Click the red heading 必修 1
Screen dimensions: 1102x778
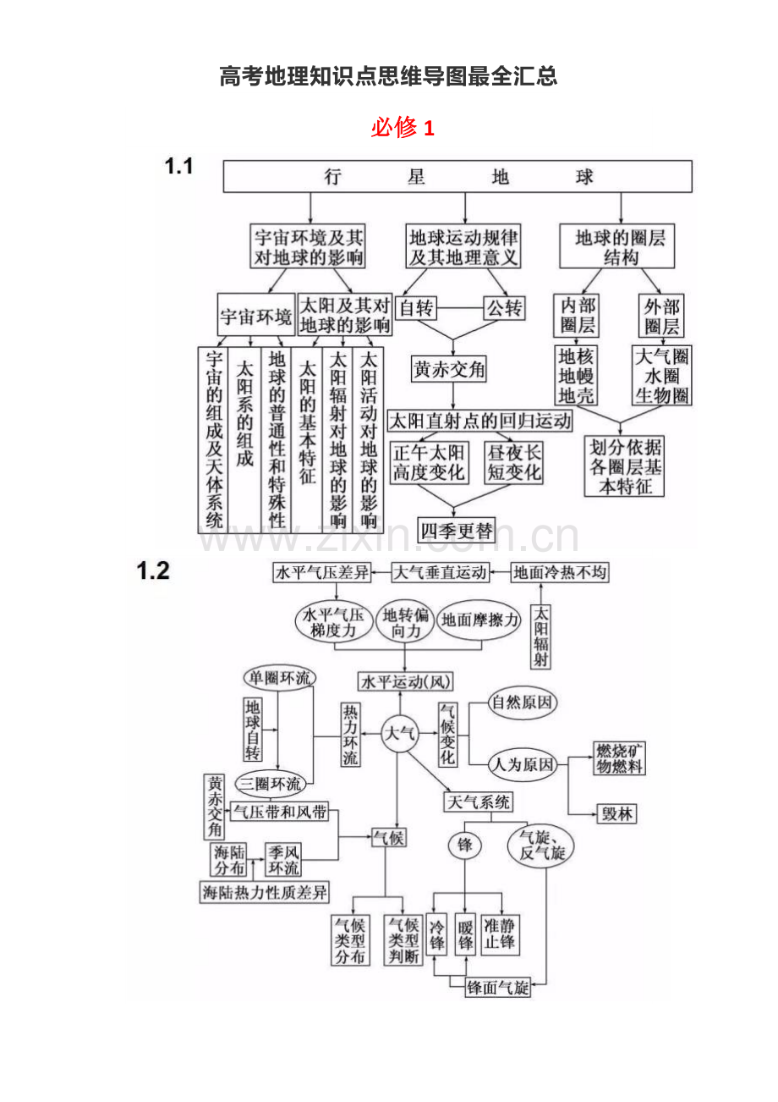point(402,128)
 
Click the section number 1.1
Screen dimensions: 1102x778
point(178,167)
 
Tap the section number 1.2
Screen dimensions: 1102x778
point(153,571)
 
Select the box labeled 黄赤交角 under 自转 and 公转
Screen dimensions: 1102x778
point(450,370)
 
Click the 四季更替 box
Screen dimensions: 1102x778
point(457,531)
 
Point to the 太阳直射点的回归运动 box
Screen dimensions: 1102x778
point(479,420)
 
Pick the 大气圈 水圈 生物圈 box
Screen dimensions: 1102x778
point(661,375)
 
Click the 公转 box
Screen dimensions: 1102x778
point(503,307)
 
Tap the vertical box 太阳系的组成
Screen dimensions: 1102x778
point(244,415)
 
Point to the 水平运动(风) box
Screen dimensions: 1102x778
point(406,681)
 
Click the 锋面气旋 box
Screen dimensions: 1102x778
point(498,987)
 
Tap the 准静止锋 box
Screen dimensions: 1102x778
point(501,934)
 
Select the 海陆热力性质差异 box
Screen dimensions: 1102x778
point(265,892)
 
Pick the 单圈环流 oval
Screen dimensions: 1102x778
point(278,678)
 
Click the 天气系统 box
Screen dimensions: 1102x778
point(478,801)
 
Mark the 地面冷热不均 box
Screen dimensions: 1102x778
point(560,573)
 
